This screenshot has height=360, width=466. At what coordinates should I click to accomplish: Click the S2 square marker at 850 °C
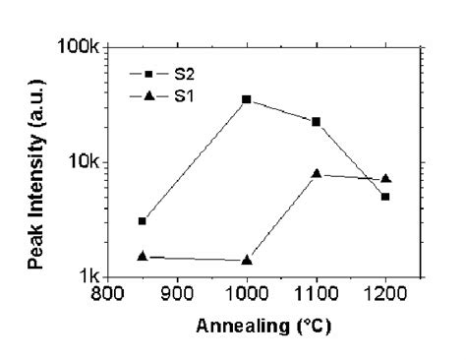pos(143,220)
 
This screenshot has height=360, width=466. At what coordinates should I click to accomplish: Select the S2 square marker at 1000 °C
pos(247,99)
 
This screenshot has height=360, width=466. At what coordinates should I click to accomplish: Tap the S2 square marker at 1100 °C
pos(317,121)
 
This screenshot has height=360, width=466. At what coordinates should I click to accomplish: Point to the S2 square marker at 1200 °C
pos(385,197)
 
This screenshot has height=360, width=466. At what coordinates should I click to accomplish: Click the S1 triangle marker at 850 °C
pos(143,256)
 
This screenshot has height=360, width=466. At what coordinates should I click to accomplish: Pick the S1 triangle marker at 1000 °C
pos(247,260)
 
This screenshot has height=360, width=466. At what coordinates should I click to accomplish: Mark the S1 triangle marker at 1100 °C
pos(317,173)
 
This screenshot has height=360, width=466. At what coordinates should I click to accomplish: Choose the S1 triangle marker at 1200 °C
pos(385,178)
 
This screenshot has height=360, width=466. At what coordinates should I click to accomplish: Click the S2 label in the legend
pos(179,71)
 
